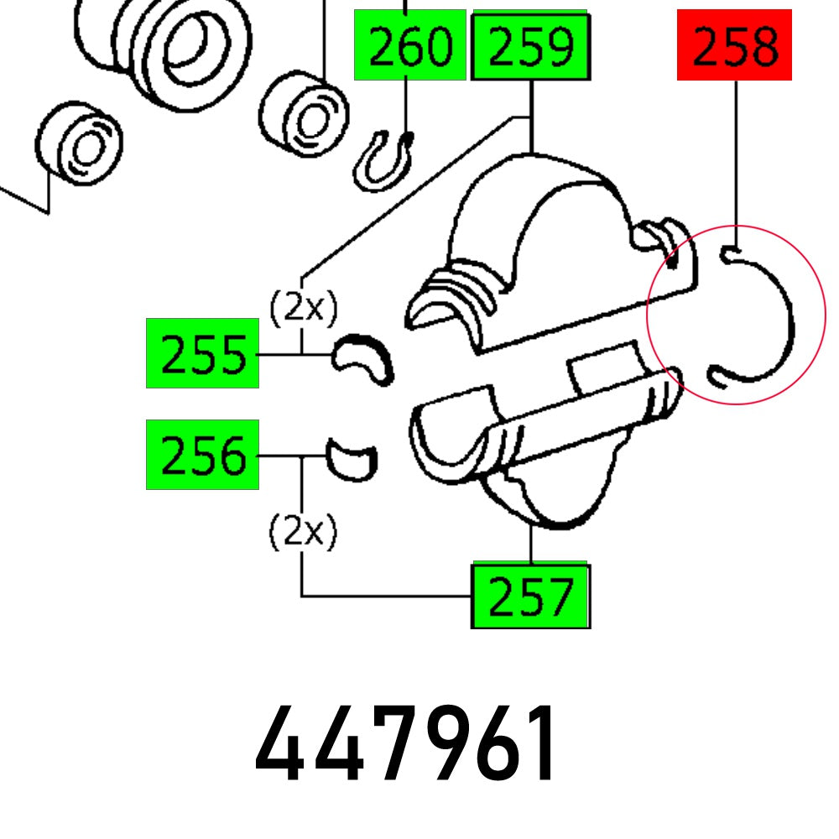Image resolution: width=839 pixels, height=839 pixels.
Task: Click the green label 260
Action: pyautogui.click(x=410, y=45)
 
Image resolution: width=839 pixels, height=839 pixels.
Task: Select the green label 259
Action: pyautogui.click(x=530, y=46)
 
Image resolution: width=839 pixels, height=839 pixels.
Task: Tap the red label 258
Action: pyautogui.click(x=734, y=45)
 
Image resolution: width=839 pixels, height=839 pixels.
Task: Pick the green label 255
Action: pyautogui.click(x=202, y=353)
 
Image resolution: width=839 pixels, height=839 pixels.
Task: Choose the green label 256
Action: pyautogui.click(x=202, y=455)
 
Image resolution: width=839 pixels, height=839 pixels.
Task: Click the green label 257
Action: pyautogui.click(x=530, y=595)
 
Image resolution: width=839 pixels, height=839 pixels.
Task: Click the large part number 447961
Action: pyautogui.click(x=405, y=743)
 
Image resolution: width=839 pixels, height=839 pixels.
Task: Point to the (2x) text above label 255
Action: pyautogui.click(x=304, y=308)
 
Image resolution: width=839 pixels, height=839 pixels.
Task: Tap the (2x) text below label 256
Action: pyautogui.click(x=304, y=531)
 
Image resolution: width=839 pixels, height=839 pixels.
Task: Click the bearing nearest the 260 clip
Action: pyautogui.click(x=304, y=113)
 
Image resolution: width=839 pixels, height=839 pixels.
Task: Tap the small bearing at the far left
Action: pyautogui.click(x=79, y=143)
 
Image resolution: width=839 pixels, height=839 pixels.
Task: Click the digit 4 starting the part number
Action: pyautogui.click(x=276, y=743)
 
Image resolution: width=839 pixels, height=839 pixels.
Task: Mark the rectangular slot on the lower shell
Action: pyautogui.click(x=605, y=369)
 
